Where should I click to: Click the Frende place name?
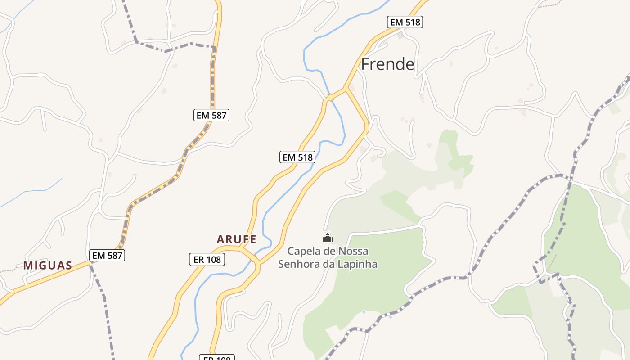click(x=387, y=64)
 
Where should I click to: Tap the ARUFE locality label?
click(x=236, y=239)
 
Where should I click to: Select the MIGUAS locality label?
click(x=48, y=265)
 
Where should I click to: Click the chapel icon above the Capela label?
click(x=328, y=238)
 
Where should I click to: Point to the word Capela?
click(x=302, y=251)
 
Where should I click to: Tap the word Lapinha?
click(x=360, y=264)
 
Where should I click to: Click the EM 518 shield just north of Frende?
click(x=405, y=22)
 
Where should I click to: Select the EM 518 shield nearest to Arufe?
click(x=297, y=157)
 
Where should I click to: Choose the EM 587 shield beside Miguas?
click(x=107, y=256)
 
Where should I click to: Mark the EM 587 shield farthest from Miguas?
click(x=211, y=115)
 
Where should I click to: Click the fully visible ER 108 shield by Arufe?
click(x=206, y=259)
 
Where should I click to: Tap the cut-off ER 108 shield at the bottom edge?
click(x=217, y=358)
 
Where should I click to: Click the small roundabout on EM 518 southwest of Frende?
click(x=330, y=97)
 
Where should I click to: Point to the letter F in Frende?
click(x=365, y=64)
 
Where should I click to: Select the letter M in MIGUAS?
click(x=27, y=265)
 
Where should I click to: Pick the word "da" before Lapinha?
click(x=329, y=264)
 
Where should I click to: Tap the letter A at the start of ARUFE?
click(x=220, y=239)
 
